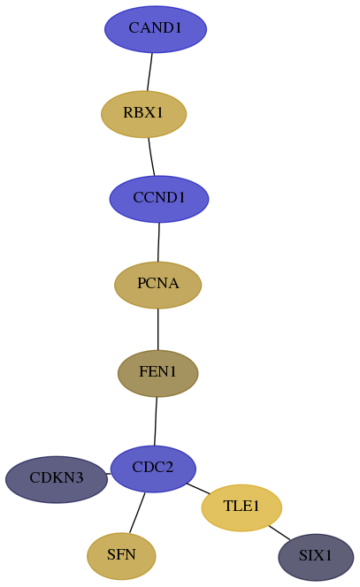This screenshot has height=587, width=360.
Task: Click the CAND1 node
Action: (x=156, y=29)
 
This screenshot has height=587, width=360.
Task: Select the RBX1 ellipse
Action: (x=144, y=114)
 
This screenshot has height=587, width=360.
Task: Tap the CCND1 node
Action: (x=159, y=199)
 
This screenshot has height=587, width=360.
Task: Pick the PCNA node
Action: (x=158, y=285)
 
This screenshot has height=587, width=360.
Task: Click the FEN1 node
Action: (x=158, y=373)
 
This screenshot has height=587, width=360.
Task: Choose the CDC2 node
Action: (x=153, y=469)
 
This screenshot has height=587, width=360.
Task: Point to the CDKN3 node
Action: (x=57, y=479)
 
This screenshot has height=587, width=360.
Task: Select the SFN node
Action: (x=121, y=556)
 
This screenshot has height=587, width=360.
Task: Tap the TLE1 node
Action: (x=241, y=507)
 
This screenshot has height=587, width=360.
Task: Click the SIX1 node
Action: (x=316, y=558)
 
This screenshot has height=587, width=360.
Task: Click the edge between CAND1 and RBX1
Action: (x=149, y=72)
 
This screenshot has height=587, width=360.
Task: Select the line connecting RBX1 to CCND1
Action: (x=151, y=156)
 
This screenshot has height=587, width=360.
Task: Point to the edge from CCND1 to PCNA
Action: (x=158, y=242)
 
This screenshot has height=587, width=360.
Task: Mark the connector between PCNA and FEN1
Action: (x=158, y=330)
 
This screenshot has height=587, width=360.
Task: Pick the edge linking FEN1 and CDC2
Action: (x=156, y=421)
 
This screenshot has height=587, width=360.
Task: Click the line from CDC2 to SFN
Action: (x=137, y=513)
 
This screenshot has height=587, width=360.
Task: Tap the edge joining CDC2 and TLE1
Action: (x=198, y=489)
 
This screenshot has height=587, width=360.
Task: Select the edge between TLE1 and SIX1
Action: (x=280, y=533)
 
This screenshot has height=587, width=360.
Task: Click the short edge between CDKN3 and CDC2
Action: (x=109, y=474)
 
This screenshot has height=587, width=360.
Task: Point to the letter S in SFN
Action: (x=111, y=554)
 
